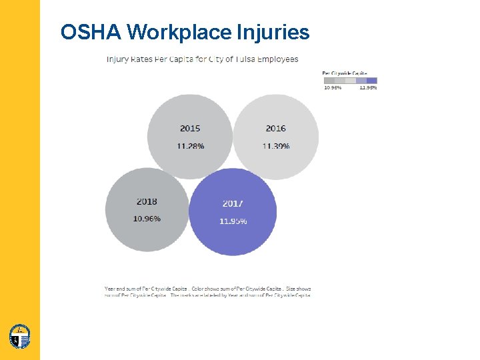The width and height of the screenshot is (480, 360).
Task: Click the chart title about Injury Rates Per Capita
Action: (203, 59)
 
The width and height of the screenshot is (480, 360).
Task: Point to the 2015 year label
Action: (190, 128)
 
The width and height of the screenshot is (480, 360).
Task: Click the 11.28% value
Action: (191, 146)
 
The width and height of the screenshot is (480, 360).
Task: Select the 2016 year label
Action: (275, 128)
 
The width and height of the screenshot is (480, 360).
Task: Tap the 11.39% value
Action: (276, 146)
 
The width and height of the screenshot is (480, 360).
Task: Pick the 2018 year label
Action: (147, 201)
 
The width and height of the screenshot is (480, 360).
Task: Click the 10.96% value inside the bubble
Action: (147, 219)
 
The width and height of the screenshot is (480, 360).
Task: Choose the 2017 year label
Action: (233, 203)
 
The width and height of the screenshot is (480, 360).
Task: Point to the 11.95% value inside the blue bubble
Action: (233, 221)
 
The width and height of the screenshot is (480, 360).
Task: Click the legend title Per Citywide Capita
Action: (345, 73)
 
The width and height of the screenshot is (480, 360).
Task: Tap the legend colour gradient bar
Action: (350, 81)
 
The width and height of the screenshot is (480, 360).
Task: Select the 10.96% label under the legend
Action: (333, 88)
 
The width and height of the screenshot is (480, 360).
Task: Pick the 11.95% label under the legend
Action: (368, 88)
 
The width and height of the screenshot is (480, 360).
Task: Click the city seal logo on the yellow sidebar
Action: (20, 336)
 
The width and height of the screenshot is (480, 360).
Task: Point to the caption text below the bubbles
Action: (207, 291)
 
